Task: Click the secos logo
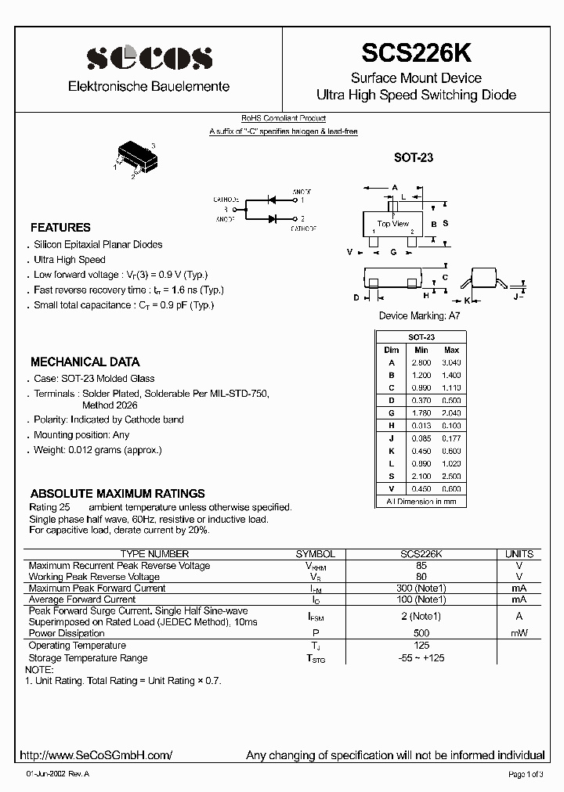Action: [x=149, y=57]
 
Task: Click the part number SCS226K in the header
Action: [x=416, y=53]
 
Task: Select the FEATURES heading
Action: [x=60, y=228]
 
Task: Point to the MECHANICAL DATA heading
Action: [x=85, y=362]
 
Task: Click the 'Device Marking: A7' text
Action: [x=419, y=316]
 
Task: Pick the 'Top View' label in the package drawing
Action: [x=394, y=224]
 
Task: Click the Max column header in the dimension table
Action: [x=451, y=351]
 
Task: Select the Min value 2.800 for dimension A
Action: [x=421, y=363]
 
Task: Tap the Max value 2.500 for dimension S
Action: [x=451, y=477]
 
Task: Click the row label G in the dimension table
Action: [x=392, y=413]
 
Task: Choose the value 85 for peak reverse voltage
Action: [x=421, y=566]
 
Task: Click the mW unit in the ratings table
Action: [x=519, y=633]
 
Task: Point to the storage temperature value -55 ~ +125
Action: [x=421, y=658]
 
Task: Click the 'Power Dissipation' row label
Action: [x=67, y=633]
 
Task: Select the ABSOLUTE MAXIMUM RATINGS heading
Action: [x=117, y=494]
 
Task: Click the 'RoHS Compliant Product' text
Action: [x=283, y=118]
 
